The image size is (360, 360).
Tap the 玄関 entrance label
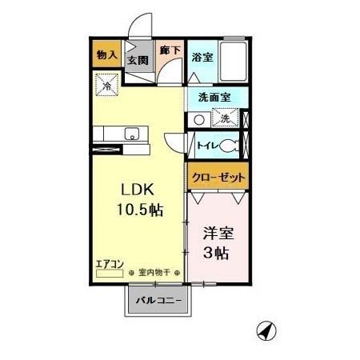coord(137,60)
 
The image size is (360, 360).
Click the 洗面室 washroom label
coord(214,97)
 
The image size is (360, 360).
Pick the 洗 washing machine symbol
coord(226,119)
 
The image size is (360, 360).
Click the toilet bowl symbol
coord(229,146)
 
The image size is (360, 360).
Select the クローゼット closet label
coord(218,178)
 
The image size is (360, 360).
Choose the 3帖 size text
coord(217,254)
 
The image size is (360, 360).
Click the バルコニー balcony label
coord(158,301)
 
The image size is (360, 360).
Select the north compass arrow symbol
coord(266,330)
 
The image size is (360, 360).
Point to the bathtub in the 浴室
coord(234,59)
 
